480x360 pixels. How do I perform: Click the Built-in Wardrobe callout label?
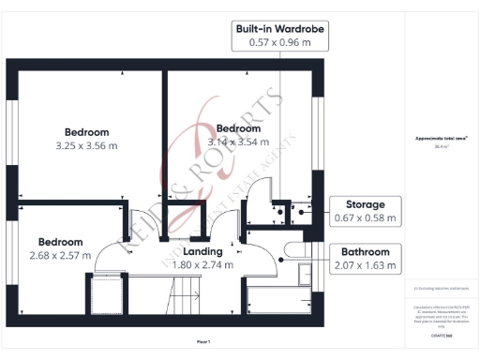280,29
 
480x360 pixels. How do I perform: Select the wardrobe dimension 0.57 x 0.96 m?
280,42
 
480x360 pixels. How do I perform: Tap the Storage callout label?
366,204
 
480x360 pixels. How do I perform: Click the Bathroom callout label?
366,251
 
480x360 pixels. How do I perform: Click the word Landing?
202,251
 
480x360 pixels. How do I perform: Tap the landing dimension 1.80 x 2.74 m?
202,264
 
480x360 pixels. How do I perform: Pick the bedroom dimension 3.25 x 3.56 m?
86,145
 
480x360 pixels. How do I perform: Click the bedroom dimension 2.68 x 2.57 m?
60,255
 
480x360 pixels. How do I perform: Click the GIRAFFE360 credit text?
442,334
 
